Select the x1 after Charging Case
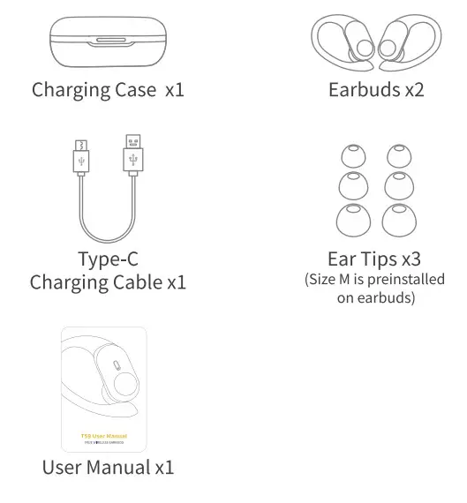174,90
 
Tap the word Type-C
108,259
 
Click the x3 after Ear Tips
408,259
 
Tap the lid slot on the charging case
107,41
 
